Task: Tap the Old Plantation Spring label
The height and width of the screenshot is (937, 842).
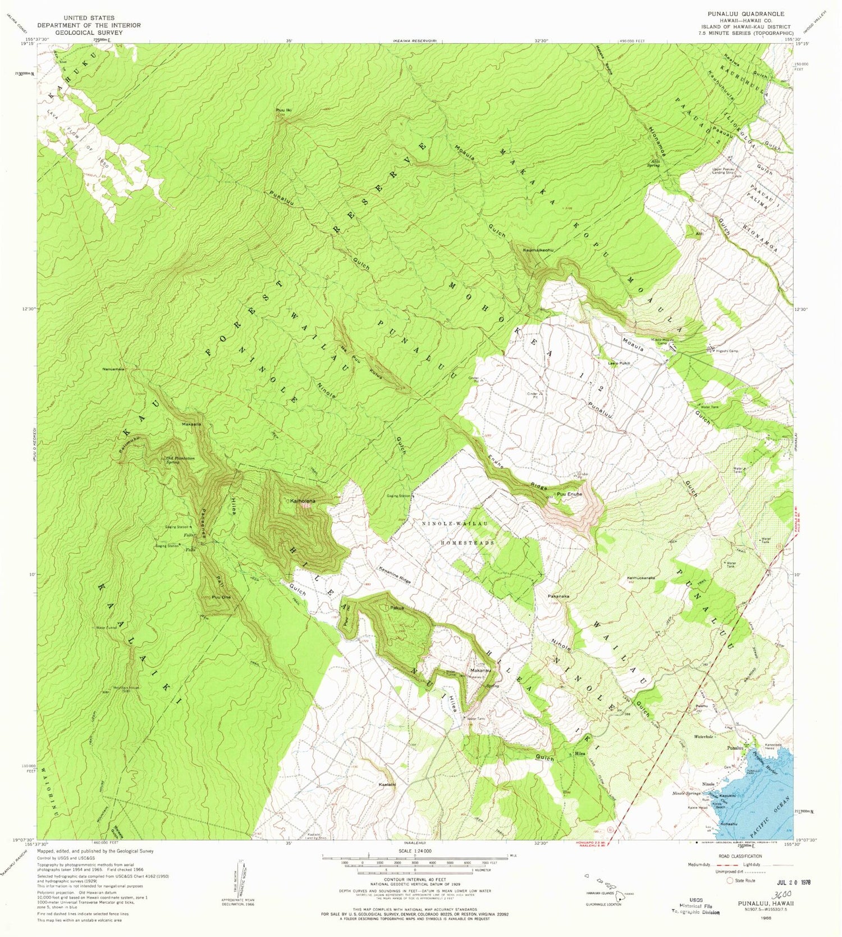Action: click(x=180, y=460)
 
